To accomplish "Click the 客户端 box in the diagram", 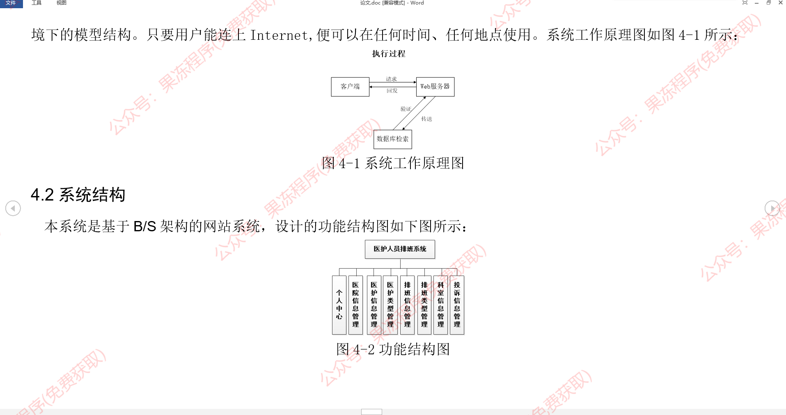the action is [x=350, y=87].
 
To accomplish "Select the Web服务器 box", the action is [x=435, y=87].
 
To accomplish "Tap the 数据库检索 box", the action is [x=392, y=139].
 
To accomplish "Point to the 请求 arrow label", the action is [x=391, y=79].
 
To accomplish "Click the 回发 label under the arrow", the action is [x=392, y=91].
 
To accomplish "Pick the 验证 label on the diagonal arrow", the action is [x=406, y=109].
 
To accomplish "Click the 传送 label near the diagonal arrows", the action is [x=426, y=119].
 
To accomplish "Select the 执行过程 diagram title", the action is [x=389, y=54].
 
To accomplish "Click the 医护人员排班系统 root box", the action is [x=400, y=249].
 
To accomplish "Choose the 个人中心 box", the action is [x=339, y=305].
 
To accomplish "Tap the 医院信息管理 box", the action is [x=355, y=305].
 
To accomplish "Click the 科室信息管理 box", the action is [x=440, y=305].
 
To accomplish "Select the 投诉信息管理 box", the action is [x=457, y=305].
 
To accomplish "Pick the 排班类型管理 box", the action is [x=424, y=305].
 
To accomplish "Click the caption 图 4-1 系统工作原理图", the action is [x=393, y=163].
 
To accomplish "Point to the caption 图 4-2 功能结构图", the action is [x=393, y=349].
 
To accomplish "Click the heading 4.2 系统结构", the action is [x=78, y=195].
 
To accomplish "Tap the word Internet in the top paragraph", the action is [x=279, y=35].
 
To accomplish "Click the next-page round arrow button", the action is [x=772, y=208].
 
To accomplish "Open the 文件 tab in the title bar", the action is [x=11, y=3].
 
